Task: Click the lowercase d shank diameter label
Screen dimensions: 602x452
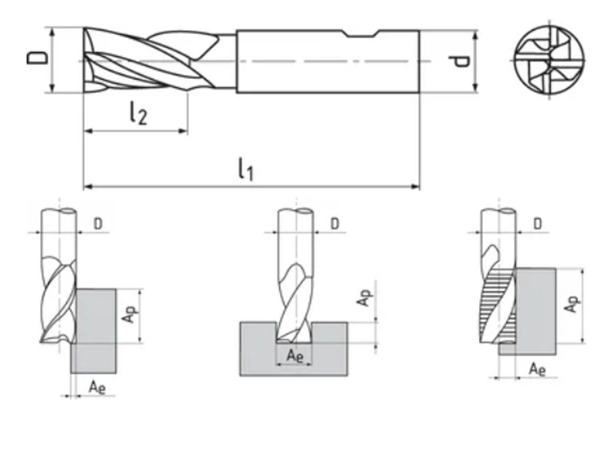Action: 464,61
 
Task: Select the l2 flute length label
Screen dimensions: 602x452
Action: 138,114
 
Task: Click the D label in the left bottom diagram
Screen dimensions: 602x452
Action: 98,224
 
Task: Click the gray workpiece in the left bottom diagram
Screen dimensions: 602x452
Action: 94,330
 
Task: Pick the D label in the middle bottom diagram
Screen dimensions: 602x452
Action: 334,224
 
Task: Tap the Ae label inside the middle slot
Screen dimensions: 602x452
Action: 295,355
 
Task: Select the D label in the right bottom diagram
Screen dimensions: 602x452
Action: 538,224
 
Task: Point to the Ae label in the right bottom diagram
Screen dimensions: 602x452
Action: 537,369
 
